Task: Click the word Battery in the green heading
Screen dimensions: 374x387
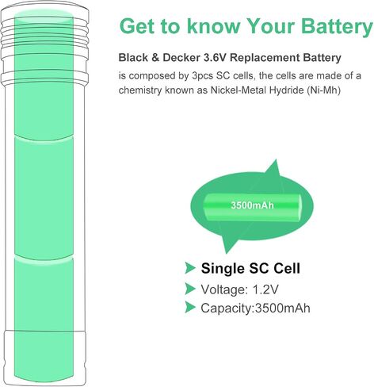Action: (338, 27)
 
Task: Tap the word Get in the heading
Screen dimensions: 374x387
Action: (137, 26)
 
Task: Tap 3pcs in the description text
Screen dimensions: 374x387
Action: (202, 76)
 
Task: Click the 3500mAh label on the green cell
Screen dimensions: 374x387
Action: (252, 205)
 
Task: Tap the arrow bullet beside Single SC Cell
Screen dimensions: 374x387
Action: (189, 268)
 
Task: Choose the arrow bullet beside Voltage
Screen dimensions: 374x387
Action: (189, 289)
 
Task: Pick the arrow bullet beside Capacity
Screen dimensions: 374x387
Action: (189, 307)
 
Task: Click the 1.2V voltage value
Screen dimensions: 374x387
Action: (265, 289)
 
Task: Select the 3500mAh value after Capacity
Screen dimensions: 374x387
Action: (283, 308)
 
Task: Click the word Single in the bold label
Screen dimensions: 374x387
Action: (223, 269)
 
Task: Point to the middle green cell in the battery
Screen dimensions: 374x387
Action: (44, 197)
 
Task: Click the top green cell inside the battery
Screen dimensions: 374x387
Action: (44, 75)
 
